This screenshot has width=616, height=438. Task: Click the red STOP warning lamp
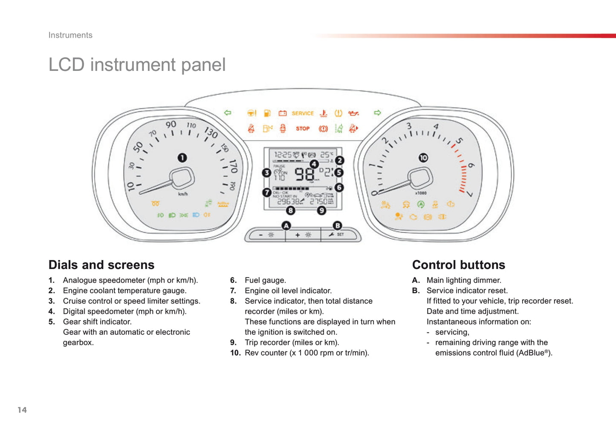click(x=303, y=128)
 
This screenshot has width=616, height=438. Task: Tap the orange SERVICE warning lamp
click(x=303, y=113)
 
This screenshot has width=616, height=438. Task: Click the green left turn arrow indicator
click(x=228, y=113)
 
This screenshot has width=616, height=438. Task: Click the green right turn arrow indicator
click(x=377, y=113)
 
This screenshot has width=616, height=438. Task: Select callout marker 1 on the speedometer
click(x=182, y=158)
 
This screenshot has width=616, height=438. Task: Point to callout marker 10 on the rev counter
click(x=423, y=158)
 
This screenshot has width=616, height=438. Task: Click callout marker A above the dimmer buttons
click(x=286, y=225)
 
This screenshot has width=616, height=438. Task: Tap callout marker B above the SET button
click(x=337, y=225)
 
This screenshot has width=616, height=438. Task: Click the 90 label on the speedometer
click(x=171, y=124)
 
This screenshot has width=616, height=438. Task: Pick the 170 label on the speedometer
click(x=233, y=166)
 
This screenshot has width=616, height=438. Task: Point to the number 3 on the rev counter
click(x=409, y=126)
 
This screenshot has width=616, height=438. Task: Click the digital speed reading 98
click(x=304, y=174)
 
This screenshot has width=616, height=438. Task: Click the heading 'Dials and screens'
click(x=101, y=265)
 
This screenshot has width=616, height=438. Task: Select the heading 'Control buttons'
click(x=458, y=265)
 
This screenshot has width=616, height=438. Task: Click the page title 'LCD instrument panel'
click(x=137, y=65)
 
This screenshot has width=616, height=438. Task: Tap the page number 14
click(x=22, y=410)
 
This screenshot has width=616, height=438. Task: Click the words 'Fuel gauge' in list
click(x=265, y=280)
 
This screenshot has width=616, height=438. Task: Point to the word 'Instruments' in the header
click(x=70, y=35)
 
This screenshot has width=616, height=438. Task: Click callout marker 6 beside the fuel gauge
click(x=339, y=187)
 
